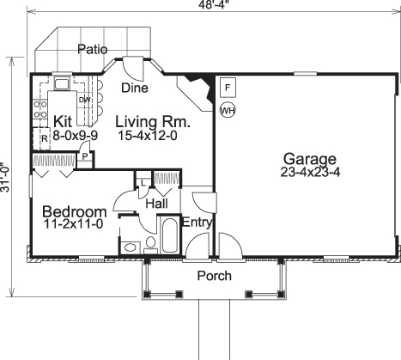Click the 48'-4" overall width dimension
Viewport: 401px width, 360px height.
214,6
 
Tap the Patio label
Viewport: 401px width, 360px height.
92,49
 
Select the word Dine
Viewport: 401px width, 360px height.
134,88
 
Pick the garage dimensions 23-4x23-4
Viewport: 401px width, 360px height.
306,173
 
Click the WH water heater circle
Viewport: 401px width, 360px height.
228,109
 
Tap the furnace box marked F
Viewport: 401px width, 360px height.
228,88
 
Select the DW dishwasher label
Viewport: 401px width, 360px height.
83,101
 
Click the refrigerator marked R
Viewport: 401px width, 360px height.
43,139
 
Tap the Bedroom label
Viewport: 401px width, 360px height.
74,211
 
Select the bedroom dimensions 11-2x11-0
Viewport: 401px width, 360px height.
74,225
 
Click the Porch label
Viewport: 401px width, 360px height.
215,276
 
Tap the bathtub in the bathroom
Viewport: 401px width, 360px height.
168,235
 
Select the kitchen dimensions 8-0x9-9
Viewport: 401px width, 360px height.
62,135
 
